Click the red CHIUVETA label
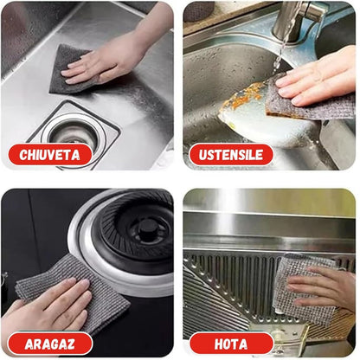[50, 155]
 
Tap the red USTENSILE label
[231, 155]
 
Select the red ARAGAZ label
[50, 344]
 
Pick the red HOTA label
[231, 344]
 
